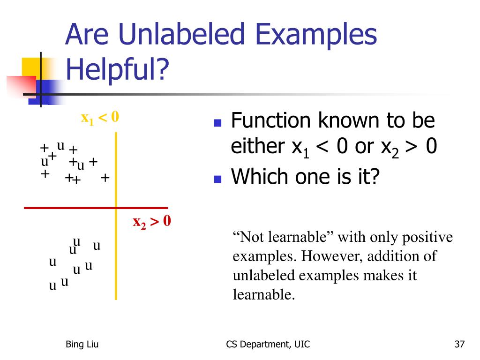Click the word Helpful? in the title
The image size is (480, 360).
[x=118, y=69]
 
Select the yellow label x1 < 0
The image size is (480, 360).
[x=100, y=118]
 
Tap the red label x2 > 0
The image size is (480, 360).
[x=152, y=222]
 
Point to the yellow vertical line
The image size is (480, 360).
[x=116, y=216]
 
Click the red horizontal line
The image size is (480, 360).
[x=96, y=208]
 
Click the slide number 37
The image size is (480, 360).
[x=459, y=344]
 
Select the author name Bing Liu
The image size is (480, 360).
[x=82, y=345]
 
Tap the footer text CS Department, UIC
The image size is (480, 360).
[x=268, y=345]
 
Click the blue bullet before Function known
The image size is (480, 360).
[x=217, y=123]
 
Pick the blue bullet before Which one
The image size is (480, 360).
[x=217, y=179]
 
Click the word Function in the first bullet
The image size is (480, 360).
[x=271, y=120]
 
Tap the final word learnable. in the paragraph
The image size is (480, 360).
[x=263, y=294]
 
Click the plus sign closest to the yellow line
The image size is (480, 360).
[x=105, y=178]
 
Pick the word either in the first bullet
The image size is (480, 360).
[x=258, y=146]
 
